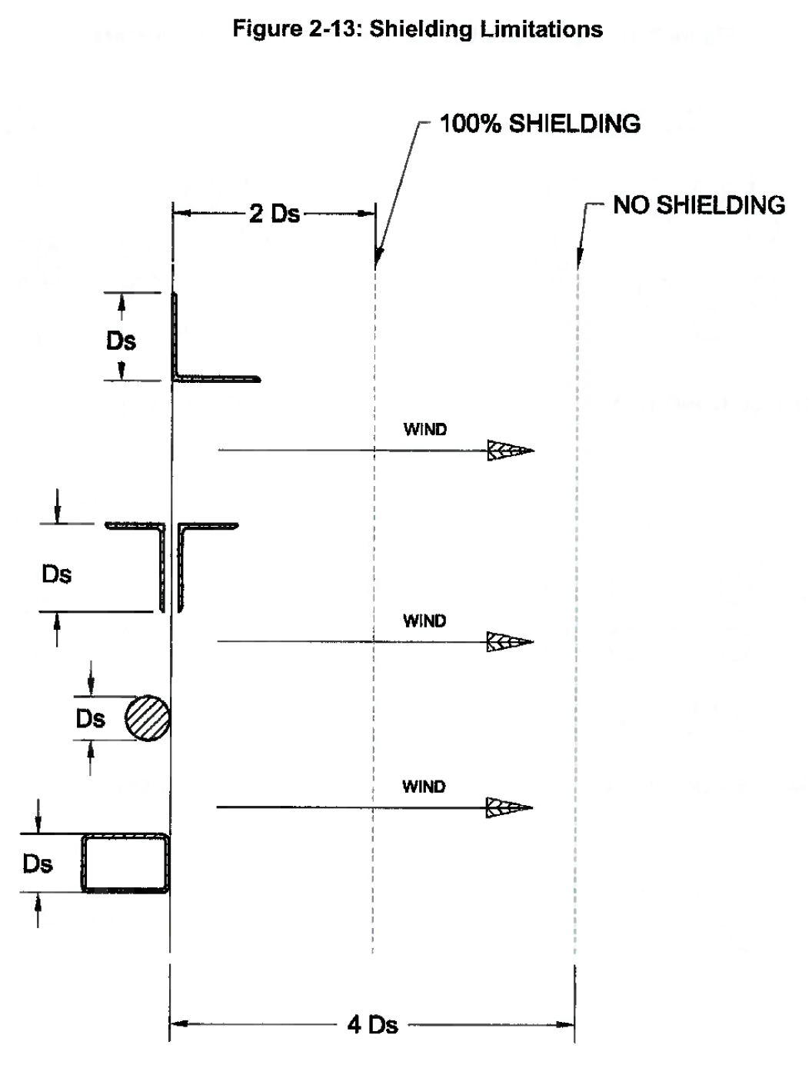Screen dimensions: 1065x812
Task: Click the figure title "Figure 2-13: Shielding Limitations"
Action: (x=418, y=29)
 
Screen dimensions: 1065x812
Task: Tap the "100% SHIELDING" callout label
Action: (x=539, y=124)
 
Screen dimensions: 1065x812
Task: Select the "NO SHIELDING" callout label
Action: (x=698, y=205)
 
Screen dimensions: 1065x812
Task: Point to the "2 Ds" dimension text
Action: (x=274, y=214)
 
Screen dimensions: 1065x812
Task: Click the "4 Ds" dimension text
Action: (x=372, y=1024)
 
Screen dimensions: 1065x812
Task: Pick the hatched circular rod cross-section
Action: (x=148, y=718)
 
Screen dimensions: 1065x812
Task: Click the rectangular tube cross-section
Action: (x=126, y=863)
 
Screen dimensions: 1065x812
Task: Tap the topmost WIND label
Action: (x=424, y=429)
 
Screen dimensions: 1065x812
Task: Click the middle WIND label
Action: (x=424, y=621)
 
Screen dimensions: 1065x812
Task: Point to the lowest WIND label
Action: (x=424, y=787)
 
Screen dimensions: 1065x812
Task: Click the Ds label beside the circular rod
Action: (x=90, y=718)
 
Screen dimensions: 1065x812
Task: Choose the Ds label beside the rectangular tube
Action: (x=37, y=864)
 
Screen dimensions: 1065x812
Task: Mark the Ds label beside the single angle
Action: (x=121, y=340)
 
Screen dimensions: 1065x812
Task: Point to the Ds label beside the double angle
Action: (x=56, y=574)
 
